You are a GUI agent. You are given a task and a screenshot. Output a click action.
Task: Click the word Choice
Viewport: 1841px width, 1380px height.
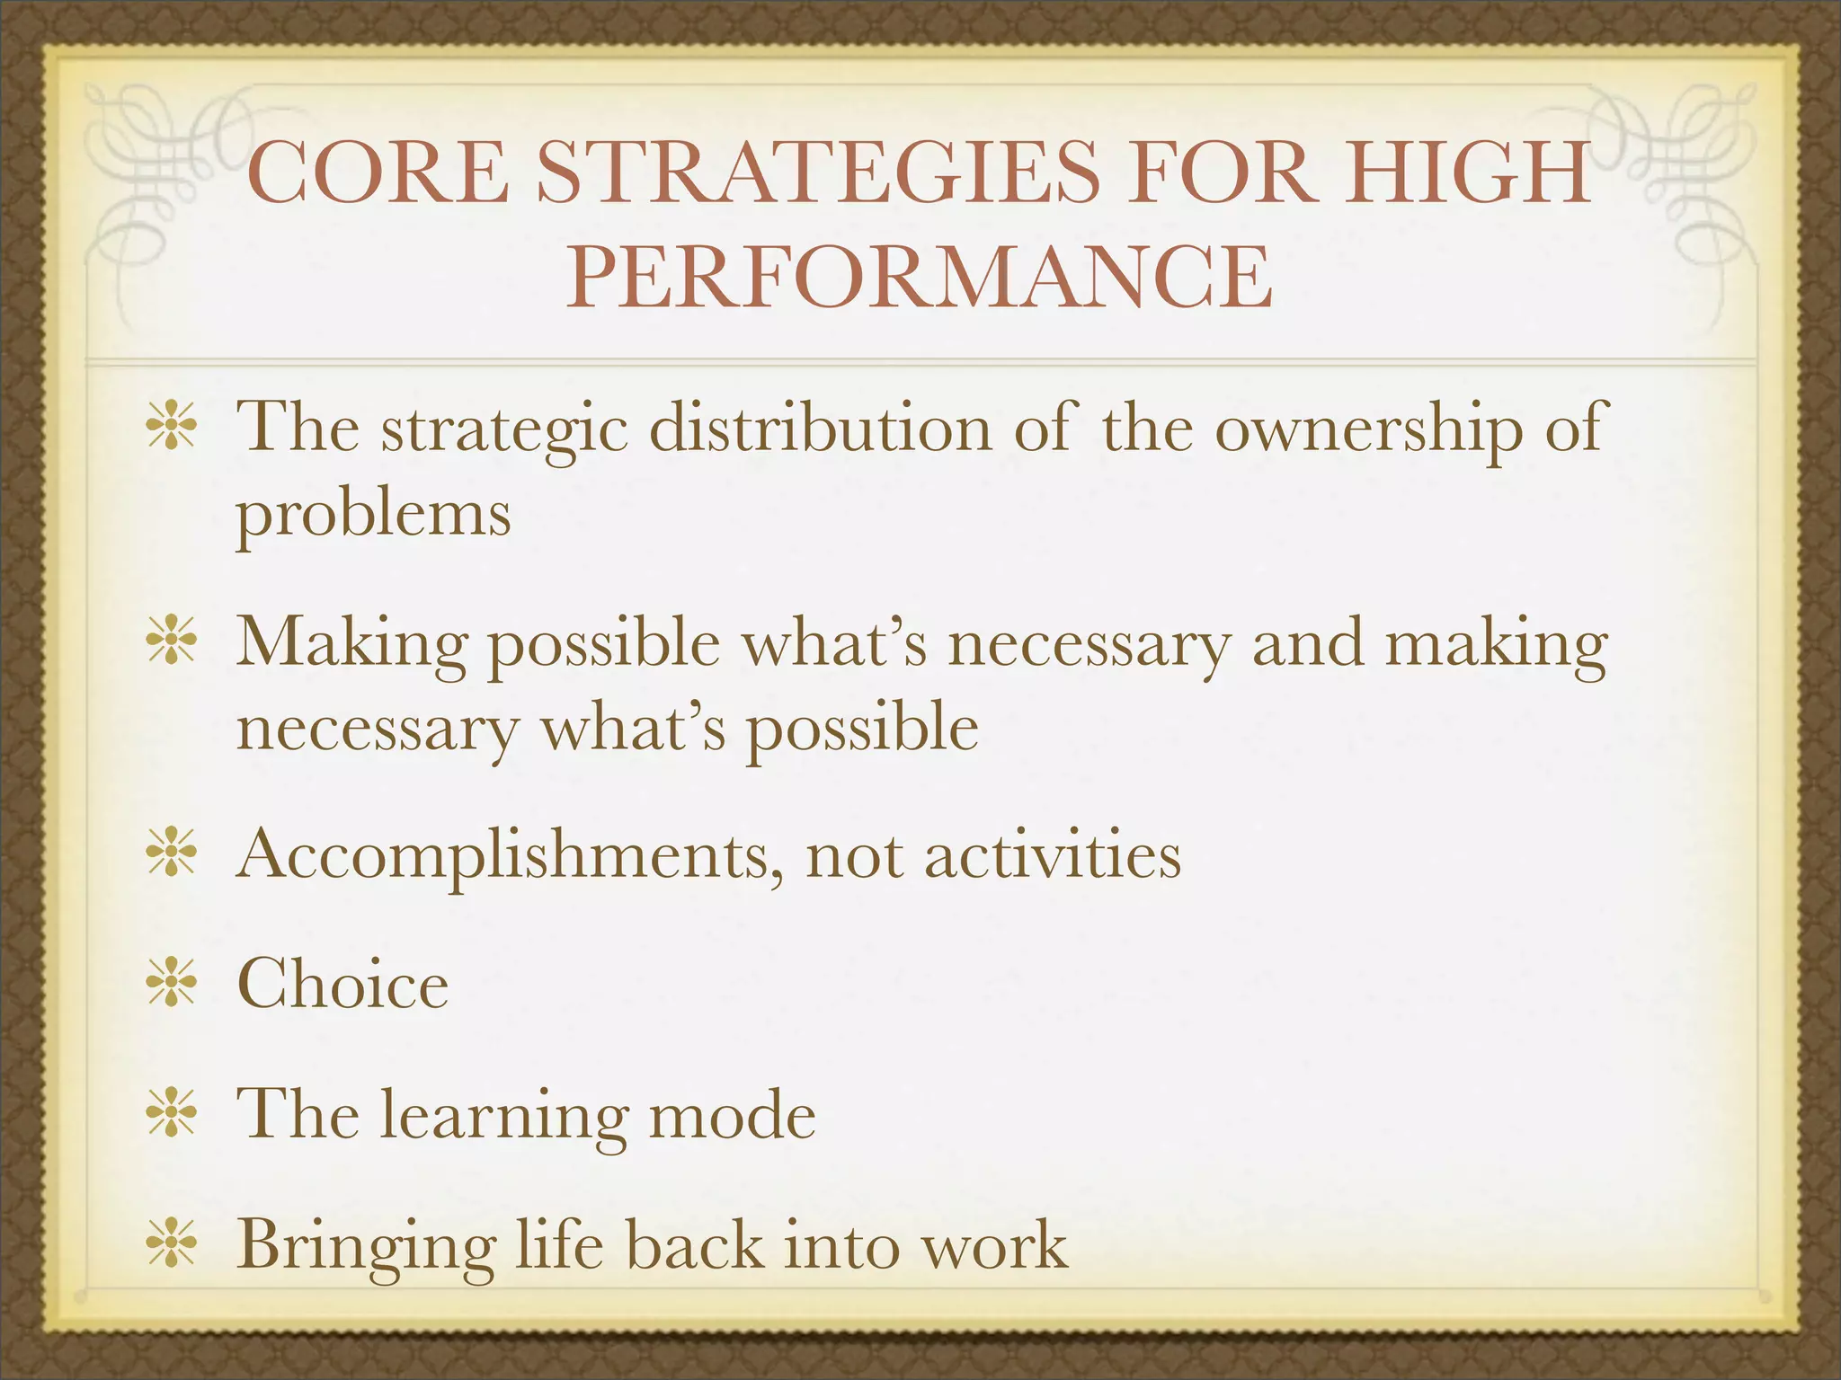[x=342, y=985]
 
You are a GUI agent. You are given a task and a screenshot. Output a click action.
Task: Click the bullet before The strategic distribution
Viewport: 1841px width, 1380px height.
[x=172, y=428]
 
